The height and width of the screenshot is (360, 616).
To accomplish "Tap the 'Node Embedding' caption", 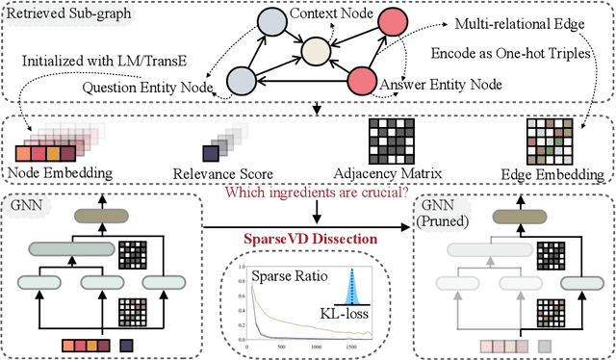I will (x=61, y=174).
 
